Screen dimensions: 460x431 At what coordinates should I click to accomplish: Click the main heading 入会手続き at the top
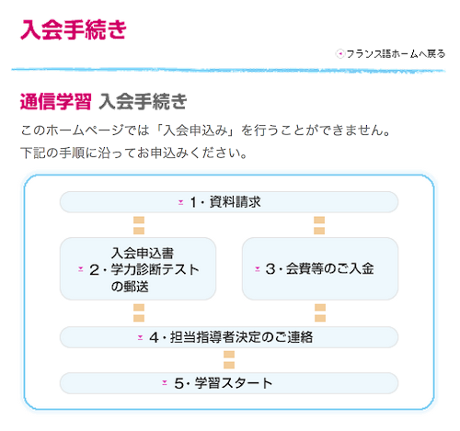click(x=74, y=29)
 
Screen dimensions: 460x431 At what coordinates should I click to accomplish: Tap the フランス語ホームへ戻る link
click(x=396, y=54)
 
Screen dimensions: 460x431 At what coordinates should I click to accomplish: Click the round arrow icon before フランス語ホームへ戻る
click(x=339, y=54)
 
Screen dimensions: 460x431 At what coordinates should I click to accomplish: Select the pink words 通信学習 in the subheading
click(x=55, y=101)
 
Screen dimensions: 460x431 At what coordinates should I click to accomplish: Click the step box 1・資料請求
click(x=229, y=202)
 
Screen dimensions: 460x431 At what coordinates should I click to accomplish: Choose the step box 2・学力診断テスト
click(x=138, y=268)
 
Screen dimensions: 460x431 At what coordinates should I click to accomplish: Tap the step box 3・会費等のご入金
click(x=320, y=268)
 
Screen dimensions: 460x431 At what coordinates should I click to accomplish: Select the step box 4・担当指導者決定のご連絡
click(x=229, y=337)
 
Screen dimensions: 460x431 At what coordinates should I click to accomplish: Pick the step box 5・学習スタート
click(x=229, y=383)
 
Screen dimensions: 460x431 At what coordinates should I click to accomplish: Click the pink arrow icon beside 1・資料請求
click(x=181, y=202)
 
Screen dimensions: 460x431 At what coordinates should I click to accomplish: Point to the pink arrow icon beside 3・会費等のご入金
click(x=258, y=269)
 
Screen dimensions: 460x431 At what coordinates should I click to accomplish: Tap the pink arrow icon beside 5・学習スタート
click(x=165, y=383)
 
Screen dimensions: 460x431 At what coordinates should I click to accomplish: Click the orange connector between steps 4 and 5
click(x=229, y=360)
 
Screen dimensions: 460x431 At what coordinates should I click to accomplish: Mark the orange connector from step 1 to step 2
click(x=139, y=225)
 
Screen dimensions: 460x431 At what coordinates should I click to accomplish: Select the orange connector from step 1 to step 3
click(x=319, y=225)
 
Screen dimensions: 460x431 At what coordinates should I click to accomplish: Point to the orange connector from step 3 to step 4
click(x=320, y=313)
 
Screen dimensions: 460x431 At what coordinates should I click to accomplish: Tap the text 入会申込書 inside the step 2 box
click(x=143, y=254)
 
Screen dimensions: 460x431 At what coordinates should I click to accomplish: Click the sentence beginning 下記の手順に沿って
click(x=133, y=153)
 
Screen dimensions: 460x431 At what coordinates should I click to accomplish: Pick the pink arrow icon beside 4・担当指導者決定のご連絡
click(x=140, y=337)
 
